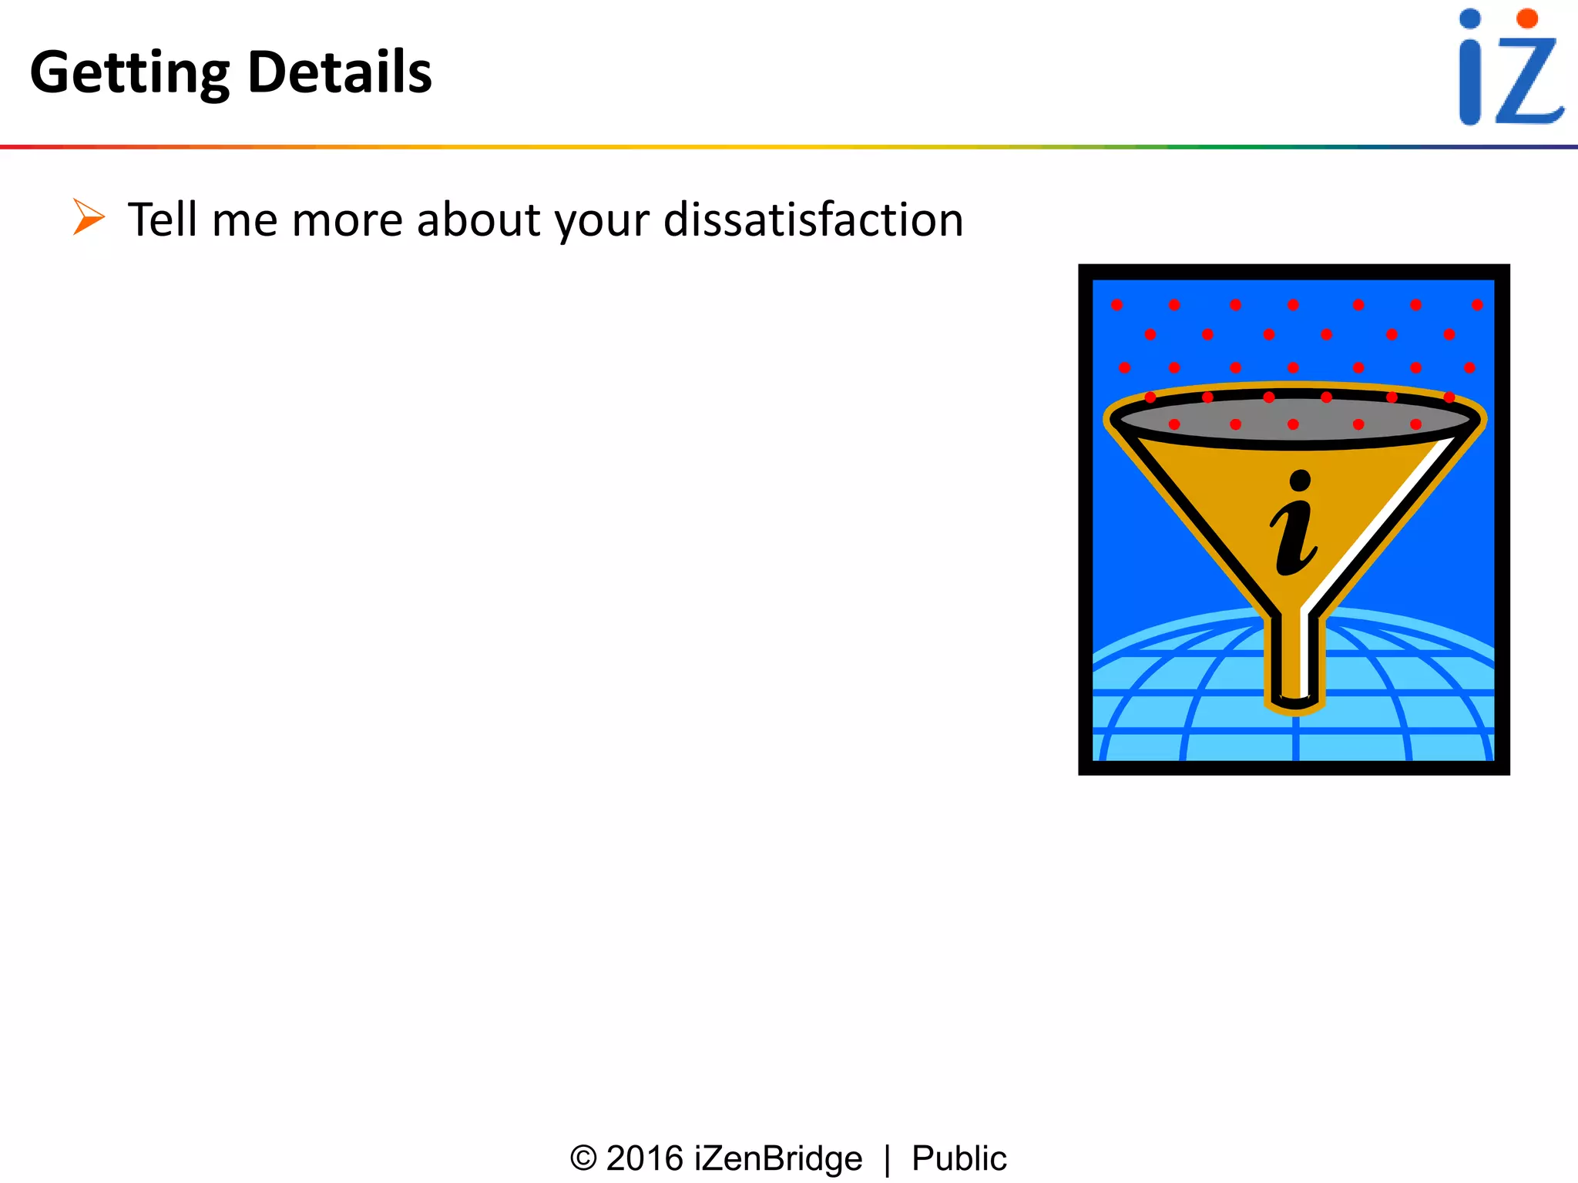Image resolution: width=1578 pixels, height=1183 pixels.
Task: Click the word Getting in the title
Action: pyautogui.click(x=129, y=73)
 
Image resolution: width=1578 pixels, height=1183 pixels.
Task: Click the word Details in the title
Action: pyautogui.click(x=340, y=72)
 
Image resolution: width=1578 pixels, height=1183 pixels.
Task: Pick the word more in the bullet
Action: pyautogui.click(x=347, y=221)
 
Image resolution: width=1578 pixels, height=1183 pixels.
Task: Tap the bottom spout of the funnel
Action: pyautogui.click(x=1295, y=662)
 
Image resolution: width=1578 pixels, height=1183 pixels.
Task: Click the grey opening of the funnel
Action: pyautogui.click(x=1294, y=421)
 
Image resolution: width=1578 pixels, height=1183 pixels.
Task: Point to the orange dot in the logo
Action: pyautogui.click(x=1527, y=18)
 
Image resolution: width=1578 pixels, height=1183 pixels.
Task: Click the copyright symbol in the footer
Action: pyautogui.click(x=583, y=1158)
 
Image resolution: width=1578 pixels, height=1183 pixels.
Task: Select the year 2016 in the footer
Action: pyautogui.click(x=645, y=1158)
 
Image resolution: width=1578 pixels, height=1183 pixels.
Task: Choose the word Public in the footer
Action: pyautogui.click(x=959, y=1158)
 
